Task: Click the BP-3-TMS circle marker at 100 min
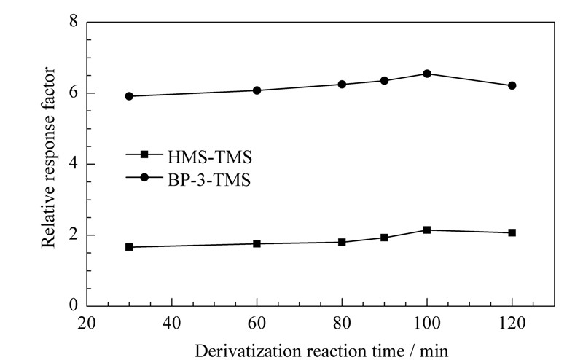[427, 74]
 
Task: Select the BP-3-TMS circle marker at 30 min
[129, 96]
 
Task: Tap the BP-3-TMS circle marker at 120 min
[512, 85]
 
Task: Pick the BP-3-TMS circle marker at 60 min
[257, 90]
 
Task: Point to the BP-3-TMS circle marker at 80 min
[342, 85]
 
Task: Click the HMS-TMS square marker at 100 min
[427, 230]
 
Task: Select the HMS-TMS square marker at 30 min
[129, 247]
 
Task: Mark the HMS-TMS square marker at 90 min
[385, 238]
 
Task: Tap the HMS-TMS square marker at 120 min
[512, 232]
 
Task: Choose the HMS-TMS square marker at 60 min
[257, 243]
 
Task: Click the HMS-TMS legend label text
[210, 157]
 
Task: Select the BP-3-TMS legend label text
[209, 181]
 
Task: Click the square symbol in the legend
[144, 154]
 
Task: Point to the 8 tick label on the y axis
[74, 21]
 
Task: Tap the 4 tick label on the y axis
[74, 164]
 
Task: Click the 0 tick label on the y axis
[74, 305]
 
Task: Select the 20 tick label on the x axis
[87, 322]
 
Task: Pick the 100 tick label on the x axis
[427, 322]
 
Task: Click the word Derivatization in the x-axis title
[248, 351]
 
